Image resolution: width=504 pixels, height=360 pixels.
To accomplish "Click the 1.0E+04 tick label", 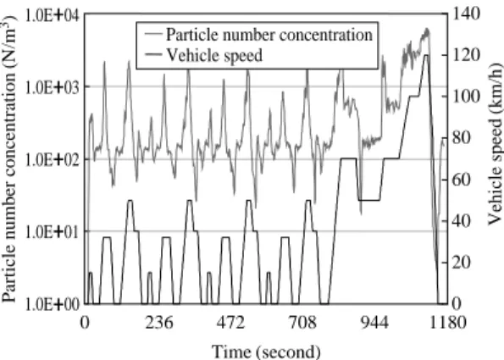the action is pos(53,15).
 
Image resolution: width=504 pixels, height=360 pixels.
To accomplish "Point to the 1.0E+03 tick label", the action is pos(53,87).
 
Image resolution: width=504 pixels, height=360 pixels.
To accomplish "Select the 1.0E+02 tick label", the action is pos(53,159).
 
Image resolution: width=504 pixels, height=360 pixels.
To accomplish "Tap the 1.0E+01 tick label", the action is pos(53,231).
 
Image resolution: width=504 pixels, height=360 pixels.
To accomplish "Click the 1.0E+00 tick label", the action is pos(53,304).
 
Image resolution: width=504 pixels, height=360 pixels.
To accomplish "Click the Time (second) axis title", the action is pos(266,352).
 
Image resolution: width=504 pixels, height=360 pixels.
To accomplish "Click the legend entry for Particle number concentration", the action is pos(258,34).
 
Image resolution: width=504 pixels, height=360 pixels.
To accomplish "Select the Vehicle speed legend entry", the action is pos(204,55).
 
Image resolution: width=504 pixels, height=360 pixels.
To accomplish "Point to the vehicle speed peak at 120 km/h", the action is pos(425,55).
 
